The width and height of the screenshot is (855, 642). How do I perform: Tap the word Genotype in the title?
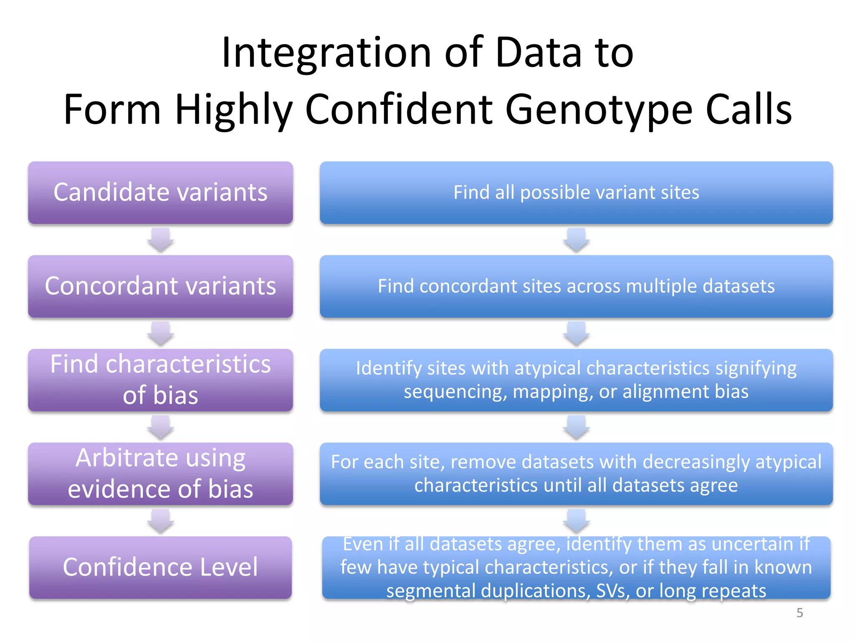pos(598,110)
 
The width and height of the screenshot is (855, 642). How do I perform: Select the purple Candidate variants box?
pos(160,193)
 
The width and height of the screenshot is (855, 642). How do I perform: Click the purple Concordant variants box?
pos(160,286)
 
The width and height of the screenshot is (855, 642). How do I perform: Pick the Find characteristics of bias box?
pos(160,380)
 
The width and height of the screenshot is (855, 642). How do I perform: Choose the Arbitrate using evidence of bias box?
pos(160,474)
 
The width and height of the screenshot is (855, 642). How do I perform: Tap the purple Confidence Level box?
pos(160,567)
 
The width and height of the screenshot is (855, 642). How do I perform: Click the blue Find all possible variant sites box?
pos(576,193)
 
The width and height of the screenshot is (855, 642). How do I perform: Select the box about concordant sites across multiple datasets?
pos(576,286)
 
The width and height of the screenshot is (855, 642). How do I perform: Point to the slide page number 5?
pos(799,613)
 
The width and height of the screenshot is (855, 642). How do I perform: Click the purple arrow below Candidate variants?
pos(160,240)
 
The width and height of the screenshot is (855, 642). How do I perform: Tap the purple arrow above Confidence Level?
pos(160,521)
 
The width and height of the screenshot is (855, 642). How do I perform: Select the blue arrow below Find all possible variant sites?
pos(576,240)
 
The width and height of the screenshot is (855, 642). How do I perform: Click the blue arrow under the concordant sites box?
pos(576,334)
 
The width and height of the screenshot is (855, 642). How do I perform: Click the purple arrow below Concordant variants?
pos(160,334)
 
